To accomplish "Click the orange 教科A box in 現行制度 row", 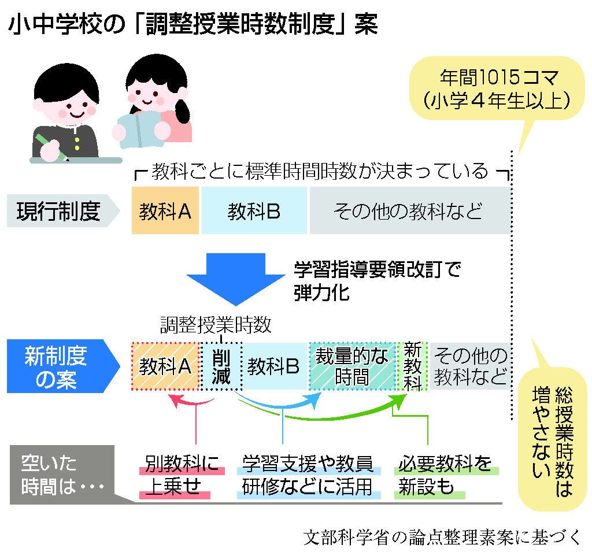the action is click(165, 210).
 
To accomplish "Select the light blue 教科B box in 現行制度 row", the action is click(254, 210).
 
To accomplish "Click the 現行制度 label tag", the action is click(63, 210).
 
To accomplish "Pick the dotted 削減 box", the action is click(221, 366).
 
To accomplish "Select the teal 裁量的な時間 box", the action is click(352, 366).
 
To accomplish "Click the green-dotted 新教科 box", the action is click(412, 366).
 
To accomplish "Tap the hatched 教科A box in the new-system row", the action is click(165, 366).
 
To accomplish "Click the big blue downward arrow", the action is click(236, 279).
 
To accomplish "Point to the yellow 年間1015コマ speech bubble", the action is click(497, 89).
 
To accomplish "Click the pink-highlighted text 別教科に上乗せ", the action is click(182, 475).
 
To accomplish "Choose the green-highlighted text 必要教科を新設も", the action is click(446, 475).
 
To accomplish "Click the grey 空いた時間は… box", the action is click(62, 475).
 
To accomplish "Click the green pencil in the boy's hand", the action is click(51, 147).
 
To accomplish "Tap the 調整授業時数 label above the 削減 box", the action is click(216, 325).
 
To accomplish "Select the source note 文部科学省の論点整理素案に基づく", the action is click(442, 538).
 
